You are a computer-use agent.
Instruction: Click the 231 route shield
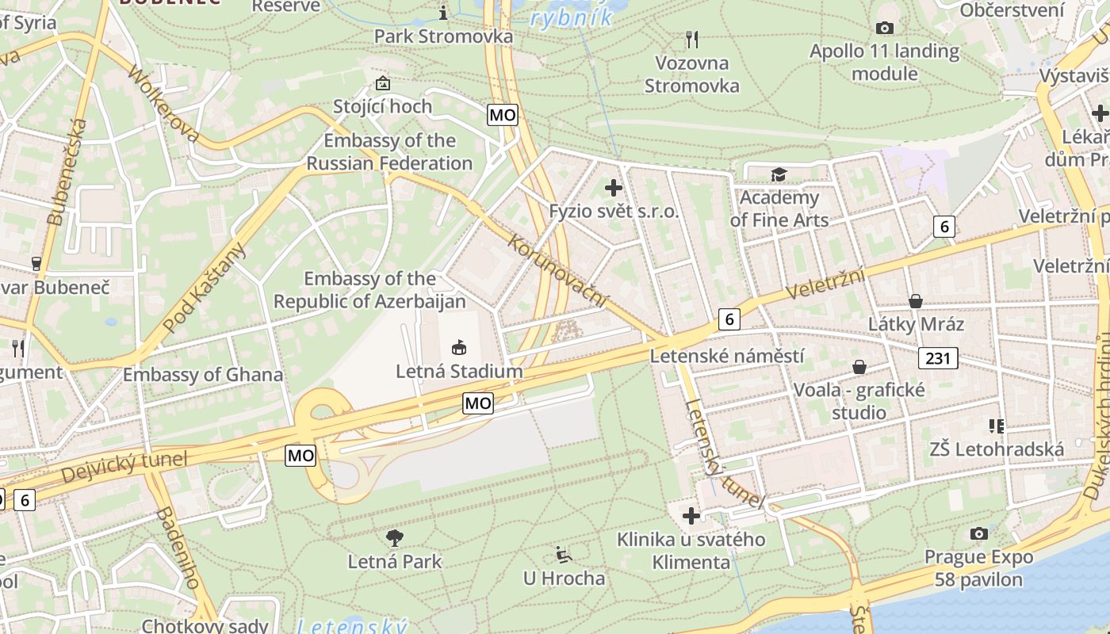[x=938, y=358]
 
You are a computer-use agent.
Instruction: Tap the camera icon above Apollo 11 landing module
[x=885, y=29]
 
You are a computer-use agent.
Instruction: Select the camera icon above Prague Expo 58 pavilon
[x=979, y=533]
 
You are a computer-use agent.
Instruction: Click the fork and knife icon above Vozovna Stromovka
[x=692, y=39]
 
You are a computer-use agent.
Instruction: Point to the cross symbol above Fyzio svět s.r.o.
[x=614, y=189]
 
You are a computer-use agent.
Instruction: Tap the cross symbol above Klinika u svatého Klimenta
[x=691, y=516]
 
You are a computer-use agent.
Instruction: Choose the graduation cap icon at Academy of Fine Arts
[x=779, y=174]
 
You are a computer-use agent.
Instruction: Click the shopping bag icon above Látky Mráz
[x=916, y=301]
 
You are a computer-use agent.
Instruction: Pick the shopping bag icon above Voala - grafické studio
[x=859, y=367]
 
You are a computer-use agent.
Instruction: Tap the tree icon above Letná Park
[x=395, y=538]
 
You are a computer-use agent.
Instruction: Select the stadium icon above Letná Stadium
[x=459, y=347]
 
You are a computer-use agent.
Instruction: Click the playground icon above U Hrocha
[x=564, y=554]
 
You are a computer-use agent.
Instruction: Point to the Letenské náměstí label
[x=727, y=356]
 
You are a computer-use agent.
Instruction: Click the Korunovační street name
[x=558, y=270]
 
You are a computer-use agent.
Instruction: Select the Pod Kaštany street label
[x=204, y=288]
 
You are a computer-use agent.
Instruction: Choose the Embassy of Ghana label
[x=203, y=374]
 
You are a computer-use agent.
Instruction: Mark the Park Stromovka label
[x=443, y=36]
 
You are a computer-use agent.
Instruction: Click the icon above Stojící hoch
[x=383, y=83]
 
